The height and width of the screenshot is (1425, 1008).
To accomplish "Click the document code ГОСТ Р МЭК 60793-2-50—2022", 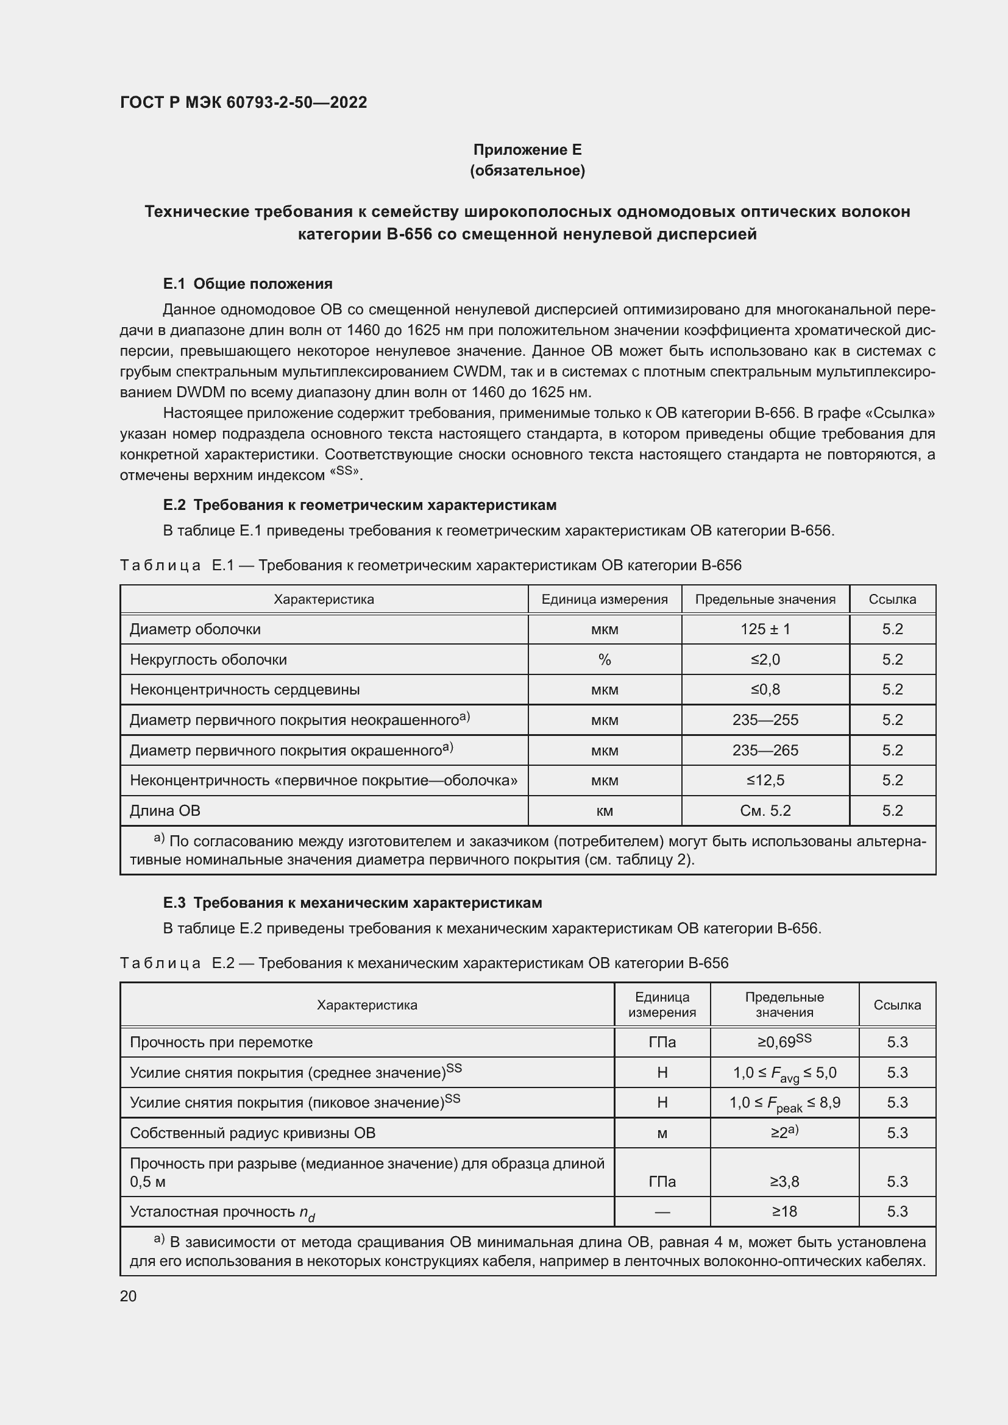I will click(x=243, y=102).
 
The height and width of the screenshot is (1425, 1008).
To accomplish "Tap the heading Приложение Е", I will click(x=527, y=150).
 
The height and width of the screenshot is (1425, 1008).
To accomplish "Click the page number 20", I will click(x=129, y=1296).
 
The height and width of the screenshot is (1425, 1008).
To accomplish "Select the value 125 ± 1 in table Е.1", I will click(x=765, y=629).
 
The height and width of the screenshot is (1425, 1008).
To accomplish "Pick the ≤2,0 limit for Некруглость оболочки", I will click(x=765, y=660).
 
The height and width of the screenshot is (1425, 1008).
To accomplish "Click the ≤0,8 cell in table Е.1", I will click(x=765, y=690).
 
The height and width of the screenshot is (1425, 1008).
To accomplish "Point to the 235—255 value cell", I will click(x=765, y=720).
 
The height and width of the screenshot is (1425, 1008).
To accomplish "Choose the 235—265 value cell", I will click(x=765, y=751).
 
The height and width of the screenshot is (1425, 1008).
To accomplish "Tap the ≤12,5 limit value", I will click(x=765, y=780).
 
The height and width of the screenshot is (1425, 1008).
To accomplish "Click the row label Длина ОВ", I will click(x=165, y=810).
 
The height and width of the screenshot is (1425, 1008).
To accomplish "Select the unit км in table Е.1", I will click(x=605, y=810).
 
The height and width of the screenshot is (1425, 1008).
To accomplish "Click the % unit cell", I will click(x=605, y=660).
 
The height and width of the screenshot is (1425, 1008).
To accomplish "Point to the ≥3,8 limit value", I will click(x=784, y=1182).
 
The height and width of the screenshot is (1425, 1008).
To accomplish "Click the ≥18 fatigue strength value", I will click(x=784, y=1212).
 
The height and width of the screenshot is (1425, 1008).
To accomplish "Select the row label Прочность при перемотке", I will click(x=221, y=1042).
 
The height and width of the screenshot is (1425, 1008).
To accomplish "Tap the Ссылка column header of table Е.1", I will click(x=892, y=599).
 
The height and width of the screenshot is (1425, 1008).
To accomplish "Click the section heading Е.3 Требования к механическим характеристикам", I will click(x=352, y=903).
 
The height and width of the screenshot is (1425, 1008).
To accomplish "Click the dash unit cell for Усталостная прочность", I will click(x=662, y=1212).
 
